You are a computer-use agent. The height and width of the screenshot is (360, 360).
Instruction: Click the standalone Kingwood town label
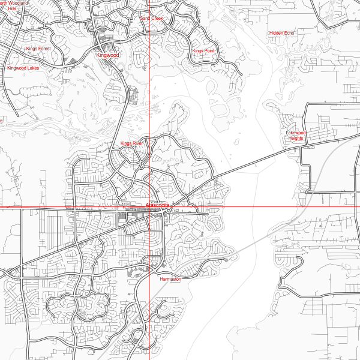(x=108, y=55)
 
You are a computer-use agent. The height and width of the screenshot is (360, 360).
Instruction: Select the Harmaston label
(x=170, y=279)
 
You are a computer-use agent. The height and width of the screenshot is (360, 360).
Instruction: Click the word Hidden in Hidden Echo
(x=277, y=32)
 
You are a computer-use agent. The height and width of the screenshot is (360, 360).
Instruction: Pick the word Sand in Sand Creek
(x=145, y=19)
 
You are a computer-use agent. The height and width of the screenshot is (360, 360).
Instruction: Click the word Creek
(x=157, y=19)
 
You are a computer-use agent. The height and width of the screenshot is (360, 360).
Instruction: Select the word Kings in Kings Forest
(x=32, y=48)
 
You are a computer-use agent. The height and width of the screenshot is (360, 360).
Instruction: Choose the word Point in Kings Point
(x=209, y=51)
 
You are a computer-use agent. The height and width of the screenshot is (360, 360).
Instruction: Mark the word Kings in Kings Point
(x=197, y=51)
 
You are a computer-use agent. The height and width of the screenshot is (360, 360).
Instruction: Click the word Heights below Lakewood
(x=296, y=138)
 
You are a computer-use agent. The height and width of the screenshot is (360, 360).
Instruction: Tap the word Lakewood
(x=296, y=132)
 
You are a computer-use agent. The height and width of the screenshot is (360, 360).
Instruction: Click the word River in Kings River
(x=138, y=144)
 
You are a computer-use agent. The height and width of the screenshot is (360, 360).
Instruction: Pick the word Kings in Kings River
(x=126, y=144)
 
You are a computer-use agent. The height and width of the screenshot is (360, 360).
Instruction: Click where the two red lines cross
(x=149, y=207)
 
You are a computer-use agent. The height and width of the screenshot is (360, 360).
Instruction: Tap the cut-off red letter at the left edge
(x=1, y=121)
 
